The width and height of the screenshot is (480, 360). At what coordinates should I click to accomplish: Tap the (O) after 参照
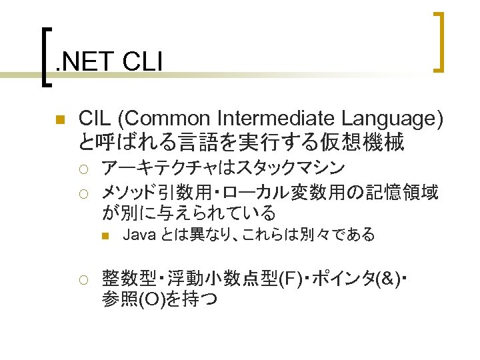click(149, 299)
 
